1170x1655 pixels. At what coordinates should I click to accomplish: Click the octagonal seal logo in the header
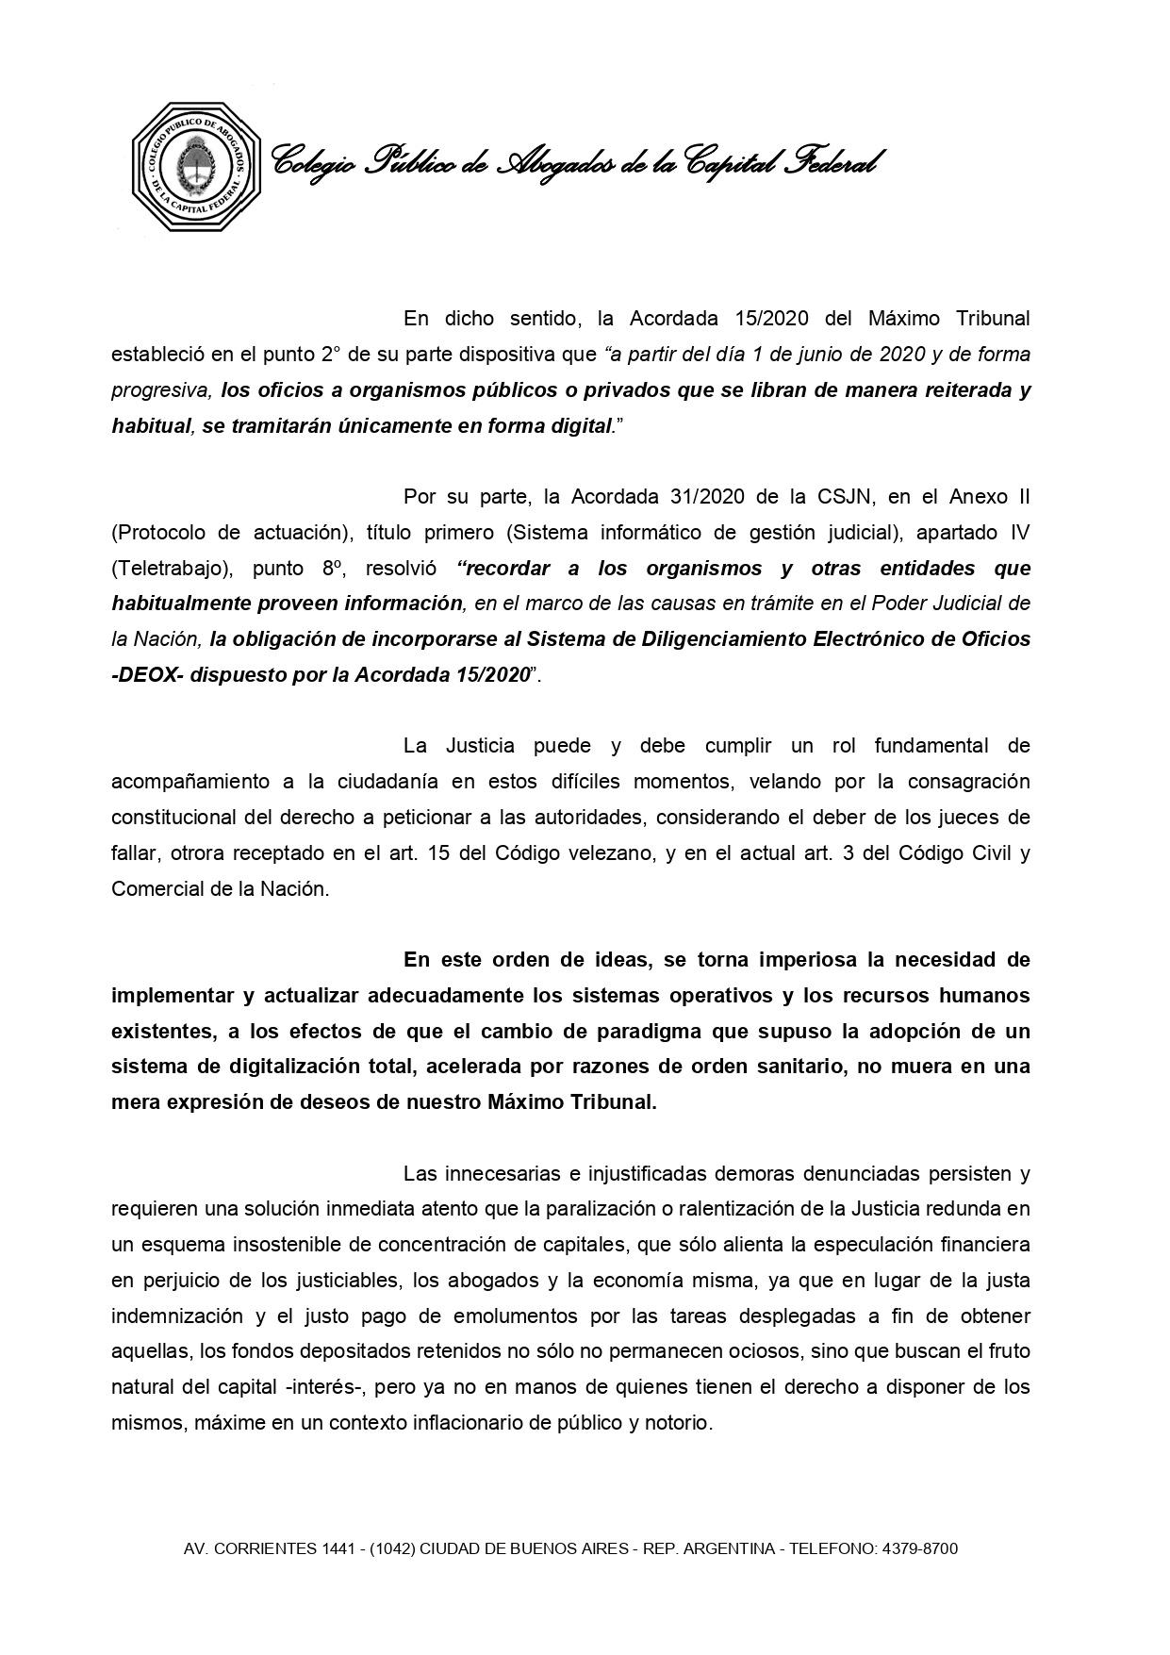pos(196,167)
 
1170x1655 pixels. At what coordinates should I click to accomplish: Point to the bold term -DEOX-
pos(147,675)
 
